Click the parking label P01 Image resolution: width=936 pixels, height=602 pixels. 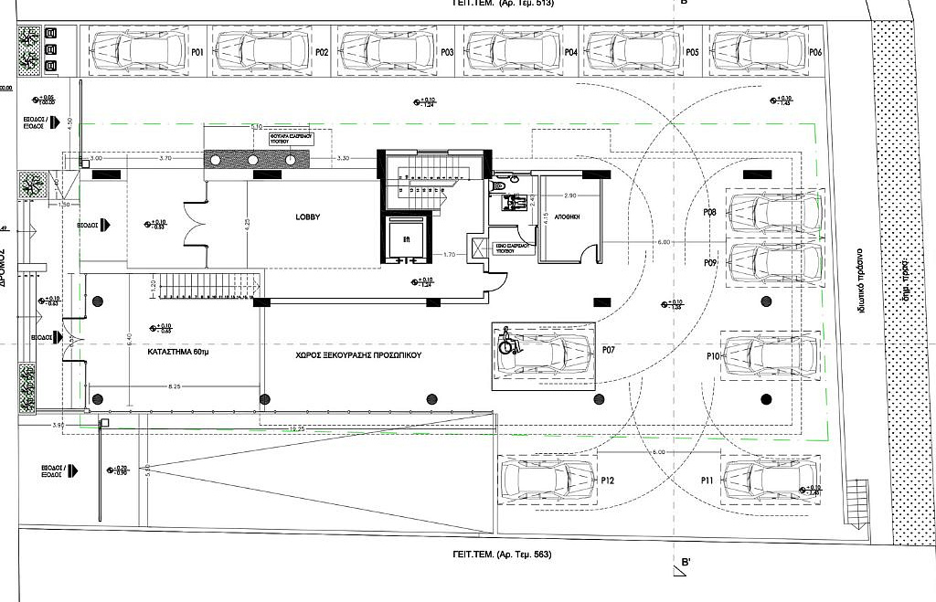pos(197,53)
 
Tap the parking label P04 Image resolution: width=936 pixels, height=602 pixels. pos(570,53)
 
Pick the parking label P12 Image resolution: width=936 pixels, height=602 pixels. pos(607,480)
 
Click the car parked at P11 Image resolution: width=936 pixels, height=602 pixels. pos(770,479)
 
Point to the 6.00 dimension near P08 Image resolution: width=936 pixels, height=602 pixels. pos(663,242)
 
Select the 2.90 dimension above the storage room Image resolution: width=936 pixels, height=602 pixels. pos(569,196)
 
